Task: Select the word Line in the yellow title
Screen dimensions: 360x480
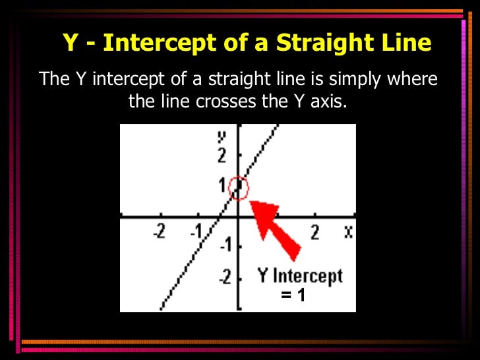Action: pos(406,44)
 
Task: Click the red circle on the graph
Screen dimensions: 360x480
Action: pos(238,189)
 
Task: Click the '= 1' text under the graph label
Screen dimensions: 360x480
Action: pos(293,295)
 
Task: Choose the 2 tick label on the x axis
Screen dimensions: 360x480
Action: pos(315,232)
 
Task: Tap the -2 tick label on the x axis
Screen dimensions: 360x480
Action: pos(160,232)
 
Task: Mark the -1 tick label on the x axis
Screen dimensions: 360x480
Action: pos(196,232)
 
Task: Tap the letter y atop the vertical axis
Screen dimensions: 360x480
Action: pos(222,136)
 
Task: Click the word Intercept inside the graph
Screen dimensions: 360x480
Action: pos(308,276)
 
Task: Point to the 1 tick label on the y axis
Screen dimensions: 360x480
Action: pos(224,185)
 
